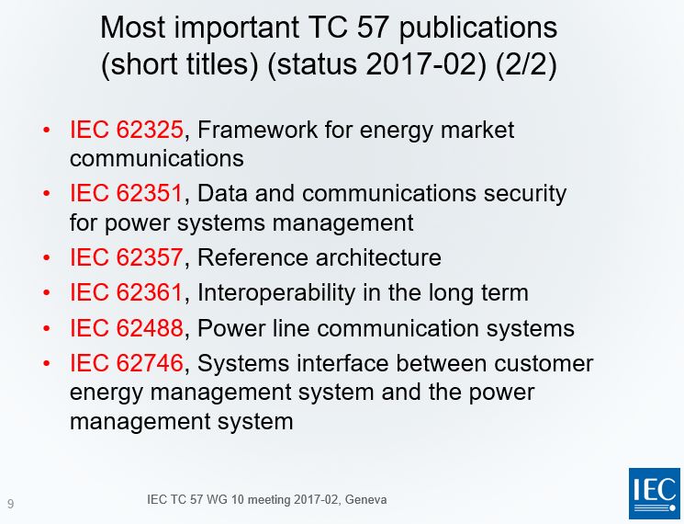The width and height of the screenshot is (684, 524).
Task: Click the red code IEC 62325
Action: [x=127, y=131]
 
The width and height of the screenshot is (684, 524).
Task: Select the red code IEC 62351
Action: [x=127, y=194]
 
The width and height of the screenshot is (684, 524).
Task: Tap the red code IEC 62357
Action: [x=127, y=257]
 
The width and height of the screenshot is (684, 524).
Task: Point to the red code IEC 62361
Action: [x=127, y=293]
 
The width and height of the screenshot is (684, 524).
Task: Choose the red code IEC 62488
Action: [x=127, y=328]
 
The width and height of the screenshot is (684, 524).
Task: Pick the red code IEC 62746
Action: [x=127, y=364]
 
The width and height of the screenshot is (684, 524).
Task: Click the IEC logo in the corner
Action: [x=654, y=493]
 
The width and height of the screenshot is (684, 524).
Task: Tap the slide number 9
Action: [x=10, y=504]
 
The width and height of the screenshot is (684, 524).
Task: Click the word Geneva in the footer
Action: [x=365, y=500]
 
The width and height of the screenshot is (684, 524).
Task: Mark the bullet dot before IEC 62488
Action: [x=47, y=329]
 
